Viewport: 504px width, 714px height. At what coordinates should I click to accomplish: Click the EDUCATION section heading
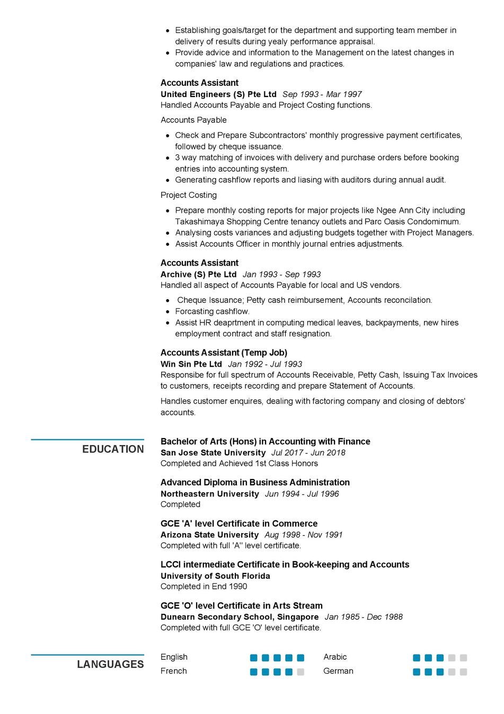pyautogui.click(x=113, y=449)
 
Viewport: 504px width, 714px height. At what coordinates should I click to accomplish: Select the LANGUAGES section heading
pyautogui.click(x=110, y=665)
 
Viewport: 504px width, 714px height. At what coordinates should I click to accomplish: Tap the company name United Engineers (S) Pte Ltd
pyautogui.click(x=218, y=94)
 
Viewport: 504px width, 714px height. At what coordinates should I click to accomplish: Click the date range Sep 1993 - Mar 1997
pyautogui.click(x=322, y=94)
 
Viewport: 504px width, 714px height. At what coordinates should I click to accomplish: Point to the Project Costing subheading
pyautogui.click(x=189, y=195)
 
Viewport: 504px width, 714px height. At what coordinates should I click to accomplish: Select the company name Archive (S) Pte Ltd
pyautogui.click(x=198, y=274)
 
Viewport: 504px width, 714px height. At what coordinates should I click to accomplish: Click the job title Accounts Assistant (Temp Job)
pyautogui.click(x=224, y=353)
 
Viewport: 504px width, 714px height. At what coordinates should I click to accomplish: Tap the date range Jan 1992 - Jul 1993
pyautogui.click(x=265, y=364)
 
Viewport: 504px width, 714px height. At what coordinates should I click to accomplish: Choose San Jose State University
pyautogui.click(x=213, y=453)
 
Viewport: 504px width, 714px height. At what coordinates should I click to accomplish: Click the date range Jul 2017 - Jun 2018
pyautogui.click(x=308, y=453)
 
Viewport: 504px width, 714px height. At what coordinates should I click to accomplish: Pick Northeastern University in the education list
pyautogui.click(x=210, y=494)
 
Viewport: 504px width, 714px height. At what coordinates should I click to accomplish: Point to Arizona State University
pyautogui.click(x=209, y=535)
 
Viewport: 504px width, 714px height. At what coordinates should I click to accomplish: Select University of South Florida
pyautogui.click(x=215, y=576)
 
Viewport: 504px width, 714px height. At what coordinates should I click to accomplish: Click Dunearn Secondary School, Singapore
pyautogui.click(x=240, y=617)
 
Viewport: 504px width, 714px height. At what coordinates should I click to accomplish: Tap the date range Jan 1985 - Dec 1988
pyautogui.click(x=364, y=617)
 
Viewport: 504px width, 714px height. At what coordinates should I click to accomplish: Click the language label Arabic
pyautogui.click(x=335, y=657)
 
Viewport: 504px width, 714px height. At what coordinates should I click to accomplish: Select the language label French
pyautogui.click(x=174, y=671)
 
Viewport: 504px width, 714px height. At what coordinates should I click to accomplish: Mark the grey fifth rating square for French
pyautogui.click(x=300, y=672)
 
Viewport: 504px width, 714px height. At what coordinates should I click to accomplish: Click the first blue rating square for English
pyautogui.click(x=254, y=658)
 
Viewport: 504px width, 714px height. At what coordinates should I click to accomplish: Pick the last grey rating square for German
pyautogui.click(x=463, y=672)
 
